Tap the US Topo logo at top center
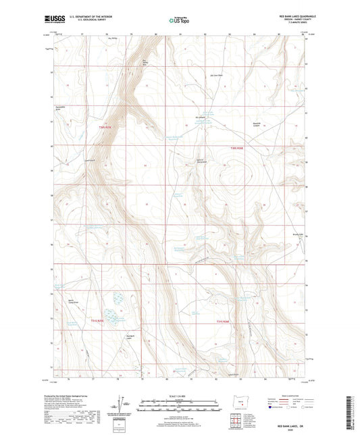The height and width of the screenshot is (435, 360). click(178, 20)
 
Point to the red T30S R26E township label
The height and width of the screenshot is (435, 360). click(233, 150)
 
